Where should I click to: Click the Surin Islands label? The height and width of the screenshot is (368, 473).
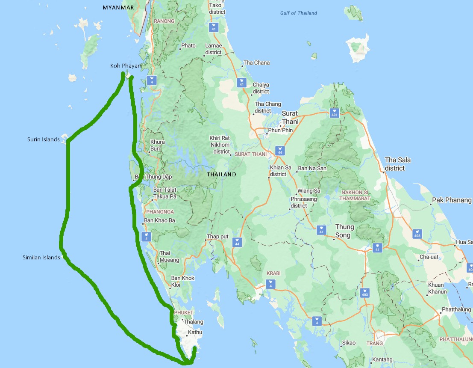(43, 139)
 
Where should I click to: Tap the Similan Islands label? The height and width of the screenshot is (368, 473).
(41, 258)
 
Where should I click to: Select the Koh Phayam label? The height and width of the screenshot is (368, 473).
(126, 65)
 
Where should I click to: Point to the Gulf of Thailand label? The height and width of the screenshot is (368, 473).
(299, 13)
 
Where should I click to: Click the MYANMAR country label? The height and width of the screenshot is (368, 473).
(118, 8)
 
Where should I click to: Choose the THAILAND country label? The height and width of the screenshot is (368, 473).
(221, 175)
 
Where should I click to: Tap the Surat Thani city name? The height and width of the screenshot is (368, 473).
(290, 117)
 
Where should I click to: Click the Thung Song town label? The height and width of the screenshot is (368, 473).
(345, 231)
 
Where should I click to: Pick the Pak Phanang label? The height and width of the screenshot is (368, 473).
(452, 200)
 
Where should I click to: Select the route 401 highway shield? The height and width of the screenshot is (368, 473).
(334, 114)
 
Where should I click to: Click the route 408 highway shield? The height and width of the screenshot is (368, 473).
(417, 234)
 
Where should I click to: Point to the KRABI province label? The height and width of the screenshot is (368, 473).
(273, 273)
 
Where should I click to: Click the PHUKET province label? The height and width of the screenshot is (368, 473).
(184, 312)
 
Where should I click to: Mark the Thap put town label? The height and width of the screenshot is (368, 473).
(217, 237)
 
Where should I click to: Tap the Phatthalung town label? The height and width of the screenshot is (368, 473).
(456, 309)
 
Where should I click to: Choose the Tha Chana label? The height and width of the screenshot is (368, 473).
(256, 63)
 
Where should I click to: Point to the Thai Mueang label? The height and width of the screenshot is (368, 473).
(169, 256)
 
